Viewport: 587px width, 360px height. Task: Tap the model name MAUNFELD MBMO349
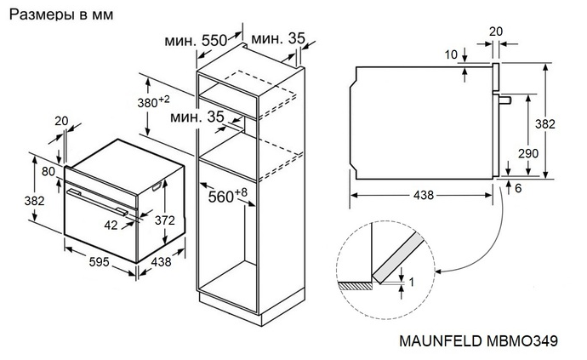click(477, 340)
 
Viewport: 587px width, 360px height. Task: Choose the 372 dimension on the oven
click(164, 220)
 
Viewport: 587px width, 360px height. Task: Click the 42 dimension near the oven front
click(111, 226)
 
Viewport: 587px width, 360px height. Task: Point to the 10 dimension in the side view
click(452, 55)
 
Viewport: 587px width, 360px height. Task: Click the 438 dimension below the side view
click(422, 195)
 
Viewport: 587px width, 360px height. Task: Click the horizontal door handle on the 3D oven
click(98, 201)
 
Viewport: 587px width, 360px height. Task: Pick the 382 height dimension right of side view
click(562, 123)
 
